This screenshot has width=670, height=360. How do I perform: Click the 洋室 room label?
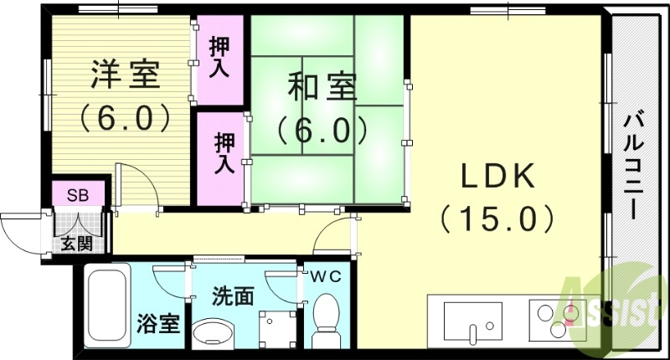125,76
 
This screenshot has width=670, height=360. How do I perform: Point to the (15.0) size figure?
497,219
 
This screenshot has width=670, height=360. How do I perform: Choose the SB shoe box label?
78,197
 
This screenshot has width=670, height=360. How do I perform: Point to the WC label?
327,277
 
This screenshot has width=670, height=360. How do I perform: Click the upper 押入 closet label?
219,54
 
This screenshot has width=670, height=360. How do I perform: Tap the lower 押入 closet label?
222,153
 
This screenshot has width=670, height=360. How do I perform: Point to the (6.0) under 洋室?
125,117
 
